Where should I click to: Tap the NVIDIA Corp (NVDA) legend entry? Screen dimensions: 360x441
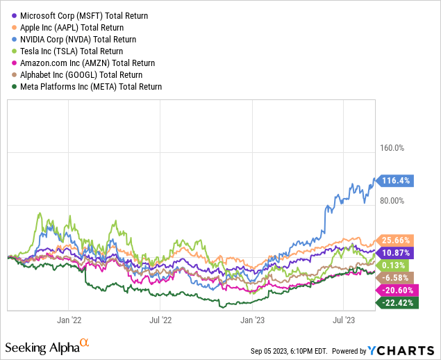78,40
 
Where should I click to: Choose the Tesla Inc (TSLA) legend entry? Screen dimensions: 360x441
72,51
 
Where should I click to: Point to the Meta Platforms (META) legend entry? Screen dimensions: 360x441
91,87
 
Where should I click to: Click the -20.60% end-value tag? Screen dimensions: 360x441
395,290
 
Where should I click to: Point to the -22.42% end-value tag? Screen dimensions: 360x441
395,302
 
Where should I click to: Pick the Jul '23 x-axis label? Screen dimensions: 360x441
344,320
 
